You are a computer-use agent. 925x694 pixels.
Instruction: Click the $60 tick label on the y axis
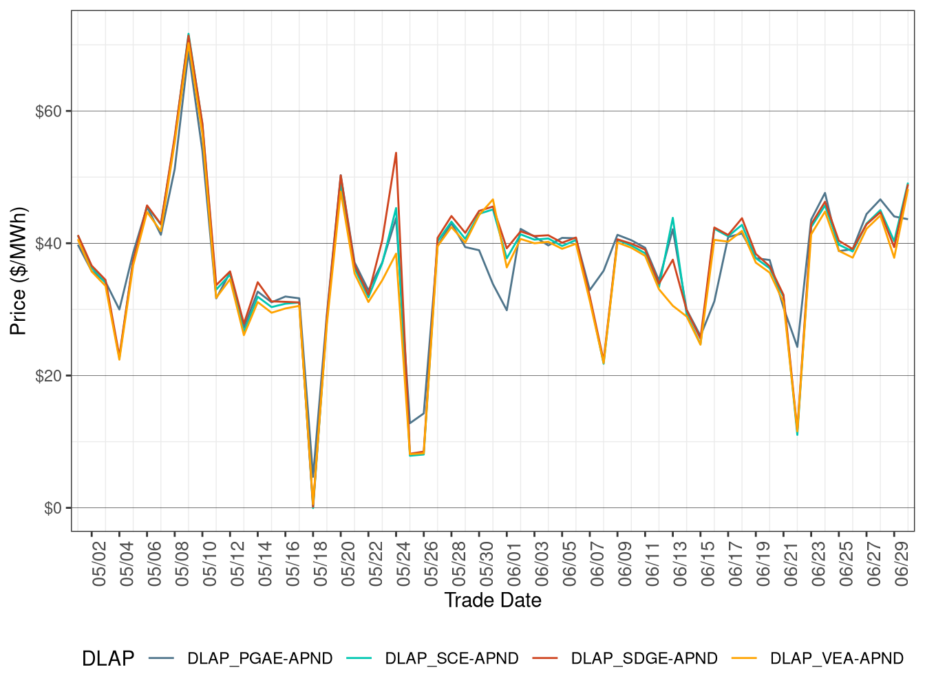click(49, 112)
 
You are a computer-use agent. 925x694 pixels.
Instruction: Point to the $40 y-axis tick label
click(49, 244)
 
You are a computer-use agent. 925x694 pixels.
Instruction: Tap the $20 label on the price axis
click(49, 376)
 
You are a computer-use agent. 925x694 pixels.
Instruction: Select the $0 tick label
click(53, 508)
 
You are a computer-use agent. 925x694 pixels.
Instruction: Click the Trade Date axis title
click(493, 600)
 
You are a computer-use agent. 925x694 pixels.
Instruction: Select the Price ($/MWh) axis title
click(19, 271)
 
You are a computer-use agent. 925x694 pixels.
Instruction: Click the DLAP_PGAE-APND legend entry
click(259, 658)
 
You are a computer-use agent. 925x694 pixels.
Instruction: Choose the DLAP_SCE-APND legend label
click(451, 658)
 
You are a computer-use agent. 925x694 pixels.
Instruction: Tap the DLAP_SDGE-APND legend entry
click(644, 658)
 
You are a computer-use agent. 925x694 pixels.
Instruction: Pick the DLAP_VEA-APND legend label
click(836, 658)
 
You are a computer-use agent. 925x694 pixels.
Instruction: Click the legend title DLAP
click(108, 658)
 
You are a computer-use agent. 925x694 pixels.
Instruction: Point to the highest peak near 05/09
click(189, 34)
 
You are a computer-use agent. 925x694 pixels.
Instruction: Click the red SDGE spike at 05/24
click(396, 153)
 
